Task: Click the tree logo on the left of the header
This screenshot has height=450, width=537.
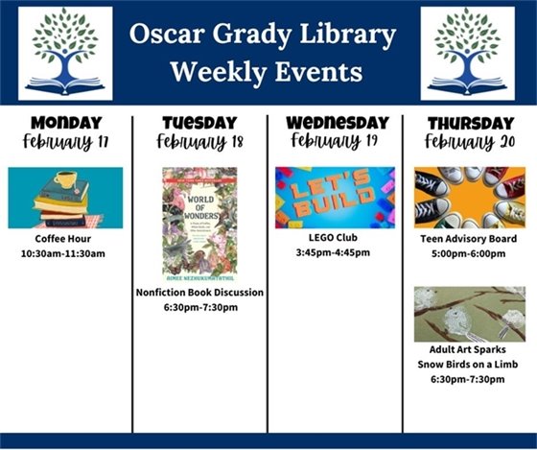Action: [x=65, y=53]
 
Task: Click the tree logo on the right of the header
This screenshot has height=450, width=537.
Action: [x=467, y=53]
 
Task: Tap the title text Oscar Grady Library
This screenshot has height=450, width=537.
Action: [x=263, y=36]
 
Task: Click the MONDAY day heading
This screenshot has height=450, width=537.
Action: [x=65, y=123]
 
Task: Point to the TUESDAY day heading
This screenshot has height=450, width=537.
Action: [x=199, y=123]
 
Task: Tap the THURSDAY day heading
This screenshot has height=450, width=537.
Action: [x=470, y=123]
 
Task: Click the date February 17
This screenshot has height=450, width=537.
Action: [x=65, y=143]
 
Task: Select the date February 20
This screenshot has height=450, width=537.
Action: [x=470, y=143]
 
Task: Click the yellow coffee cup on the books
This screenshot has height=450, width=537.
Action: [x=65, y=181]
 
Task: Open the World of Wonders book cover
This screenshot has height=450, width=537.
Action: [x=199, y=224]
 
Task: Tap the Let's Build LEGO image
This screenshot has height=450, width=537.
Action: [x=335, y=198]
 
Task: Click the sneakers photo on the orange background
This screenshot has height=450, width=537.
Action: [x=470, y=198]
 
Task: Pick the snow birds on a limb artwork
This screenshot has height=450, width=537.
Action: [x=470, y=314]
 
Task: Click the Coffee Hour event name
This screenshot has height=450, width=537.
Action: [x=65, y=238]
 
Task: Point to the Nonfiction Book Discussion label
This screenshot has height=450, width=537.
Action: [x=199, y=292]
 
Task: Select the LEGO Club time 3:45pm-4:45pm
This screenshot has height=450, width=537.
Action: [x=335, y=253]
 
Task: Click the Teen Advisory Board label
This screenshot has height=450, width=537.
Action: [x=470, y=238]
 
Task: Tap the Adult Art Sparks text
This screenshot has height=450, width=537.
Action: [x=470, y=349]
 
